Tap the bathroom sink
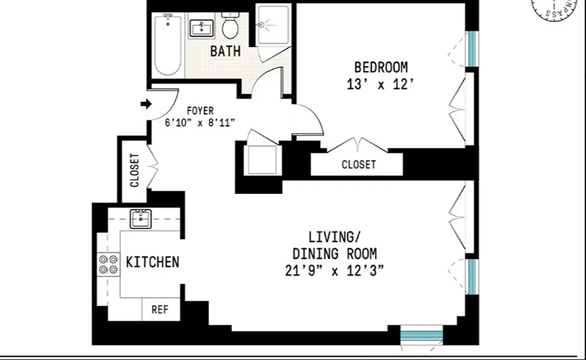(201, 28)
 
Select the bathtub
(168, 45)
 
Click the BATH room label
(225, 51)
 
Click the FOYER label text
(201, 111)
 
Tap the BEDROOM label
(381, 67)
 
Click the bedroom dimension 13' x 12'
(380, 85)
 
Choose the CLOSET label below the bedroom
(358, 165)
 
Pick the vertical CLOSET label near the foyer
(135, 171)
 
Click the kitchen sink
(141, 219)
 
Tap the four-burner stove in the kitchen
(108, 264)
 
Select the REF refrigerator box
(160, 310)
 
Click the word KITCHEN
(153, 262)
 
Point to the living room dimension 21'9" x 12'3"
(334, 272)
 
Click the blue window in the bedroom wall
(471, 48)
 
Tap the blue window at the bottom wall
(421, 335)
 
